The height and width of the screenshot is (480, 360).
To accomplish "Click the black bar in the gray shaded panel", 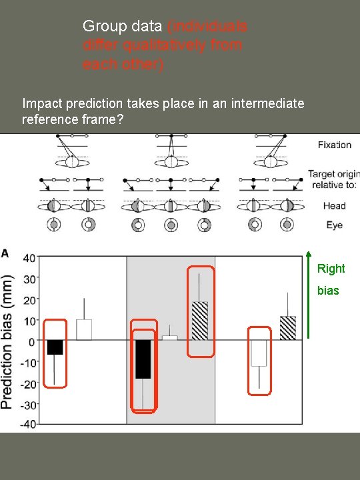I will (143, 359).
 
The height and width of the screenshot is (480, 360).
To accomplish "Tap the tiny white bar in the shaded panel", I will (170, 338).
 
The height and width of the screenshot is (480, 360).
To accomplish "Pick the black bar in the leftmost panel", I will (55, 347).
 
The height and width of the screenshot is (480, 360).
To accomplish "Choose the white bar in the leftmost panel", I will (83, 330).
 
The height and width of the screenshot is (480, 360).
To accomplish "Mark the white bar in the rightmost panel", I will (259, 353).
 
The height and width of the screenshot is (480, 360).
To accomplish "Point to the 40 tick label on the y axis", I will (29, 257).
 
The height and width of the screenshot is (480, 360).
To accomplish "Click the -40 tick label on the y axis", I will (27, 424).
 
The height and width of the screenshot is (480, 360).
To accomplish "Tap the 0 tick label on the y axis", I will (32, 341).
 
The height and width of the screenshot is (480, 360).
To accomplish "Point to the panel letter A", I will (5, 253).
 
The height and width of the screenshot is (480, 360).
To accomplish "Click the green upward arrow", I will (308, 293).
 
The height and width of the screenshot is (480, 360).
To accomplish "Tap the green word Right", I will (331, 269).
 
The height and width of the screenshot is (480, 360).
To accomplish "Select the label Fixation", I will (335, 145).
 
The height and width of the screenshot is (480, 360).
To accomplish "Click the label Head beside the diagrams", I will (335, 206).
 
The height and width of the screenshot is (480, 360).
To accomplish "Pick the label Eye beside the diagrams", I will (335, 225).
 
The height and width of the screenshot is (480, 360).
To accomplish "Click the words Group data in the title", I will (123, 27).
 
